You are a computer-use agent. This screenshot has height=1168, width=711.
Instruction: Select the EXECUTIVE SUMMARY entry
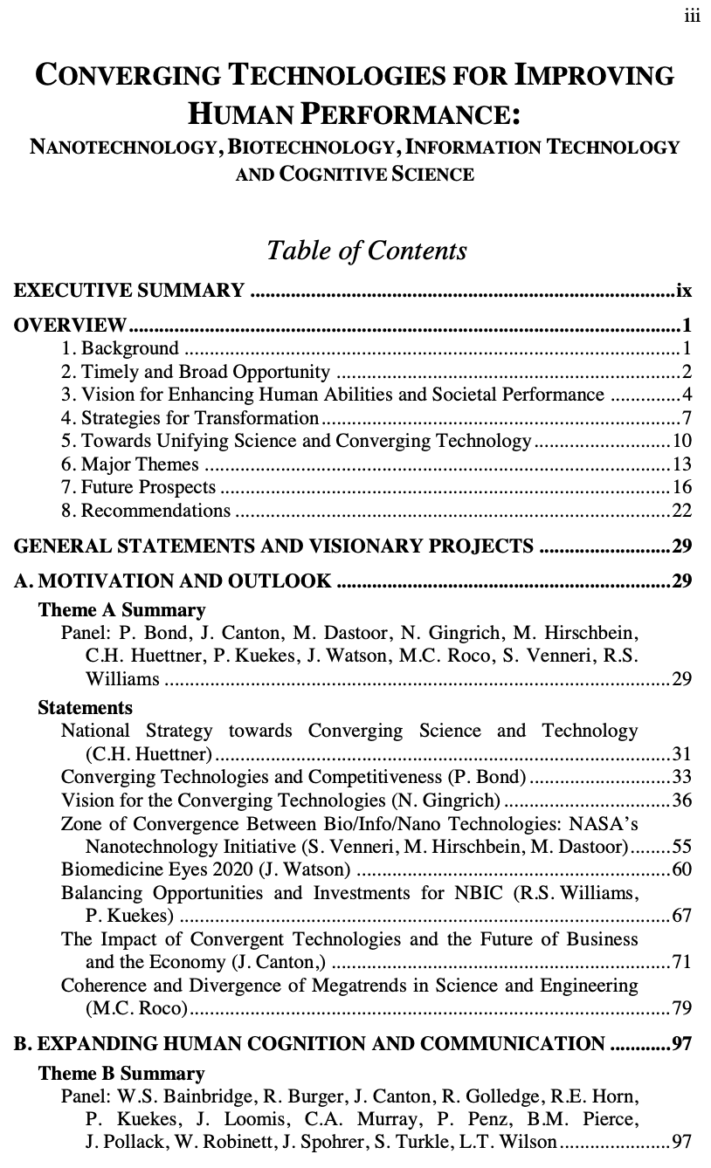click(x=129, y=291)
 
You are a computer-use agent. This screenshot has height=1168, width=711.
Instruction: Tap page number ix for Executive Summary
click(x=684, y=291)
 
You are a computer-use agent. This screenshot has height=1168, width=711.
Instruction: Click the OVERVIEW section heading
click(x=70, y=327)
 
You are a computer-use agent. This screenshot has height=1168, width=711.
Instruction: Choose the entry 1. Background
click(x=120, y=349)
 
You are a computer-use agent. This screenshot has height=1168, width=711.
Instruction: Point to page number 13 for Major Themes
click(x=681, y=464)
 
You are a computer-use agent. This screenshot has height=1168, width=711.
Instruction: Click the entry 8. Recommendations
click(x=146, y=511)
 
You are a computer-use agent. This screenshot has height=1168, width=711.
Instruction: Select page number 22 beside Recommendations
click(x=681, y=511)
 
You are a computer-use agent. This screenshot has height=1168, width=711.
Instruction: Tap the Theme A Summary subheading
click(x=121, y=609)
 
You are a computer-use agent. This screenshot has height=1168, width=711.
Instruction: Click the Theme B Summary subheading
click(x=121, y=1073)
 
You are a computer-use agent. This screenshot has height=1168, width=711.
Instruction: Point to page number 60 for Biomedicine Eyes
click(x=681, y=869)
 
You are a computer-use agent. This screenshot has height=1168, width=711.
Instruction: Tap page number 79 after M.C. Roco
click(x=681, y=1009)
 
